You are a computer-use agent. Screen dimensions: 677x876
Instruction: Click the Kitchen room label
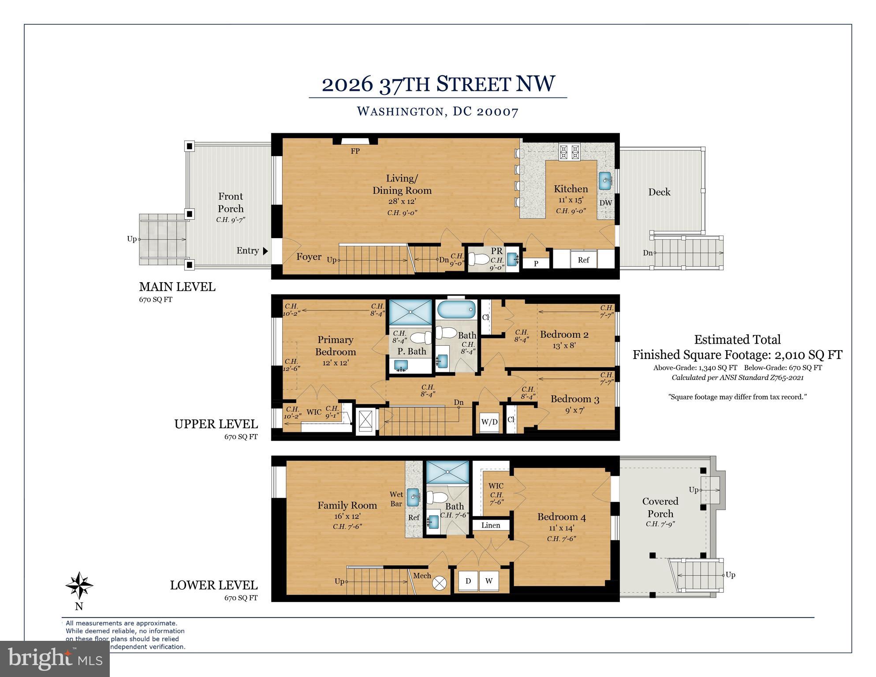570,189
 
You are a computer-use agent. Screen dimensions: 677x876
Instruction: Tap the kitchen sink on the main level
605,181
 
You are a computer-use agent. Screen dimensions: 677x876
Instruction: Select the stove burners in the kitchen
569,152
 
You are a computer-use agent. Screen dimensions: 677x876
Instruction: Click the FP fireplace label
355,151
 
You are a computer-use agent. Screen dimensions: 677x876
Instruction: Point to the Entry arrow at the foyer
265,251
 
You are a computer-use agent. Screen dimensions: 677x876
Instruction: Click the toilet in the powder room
477,258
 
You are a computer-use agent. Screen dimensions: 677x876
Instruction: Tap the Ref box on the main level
583,260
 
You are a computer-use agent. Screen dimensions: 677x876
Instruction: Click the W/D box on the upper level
489,422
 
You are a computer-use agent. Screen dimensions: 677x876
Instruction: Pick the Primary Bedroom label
335,346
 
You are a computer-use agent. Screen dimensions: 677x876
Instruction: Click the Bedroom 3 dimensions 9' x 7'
574,410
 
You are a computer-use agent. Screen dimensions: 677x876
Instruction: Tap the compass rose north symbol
79,586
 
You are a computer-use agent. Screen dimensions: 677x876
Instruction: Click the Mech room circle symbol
439,583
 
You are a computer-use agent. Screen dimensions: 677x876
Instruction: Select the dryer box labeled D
468,581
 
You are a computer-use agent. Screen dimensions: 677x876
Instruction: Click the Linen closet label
491,525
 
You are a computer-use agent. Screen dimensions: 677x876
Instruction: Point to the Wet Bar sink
413,497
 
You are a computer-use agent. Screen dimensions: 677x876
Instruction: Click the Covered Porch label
660,507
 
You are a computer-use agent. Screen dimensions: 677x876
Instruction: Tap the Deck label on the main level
659,192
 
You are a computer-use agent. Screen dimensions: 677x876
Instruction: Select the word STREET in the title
473,84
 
